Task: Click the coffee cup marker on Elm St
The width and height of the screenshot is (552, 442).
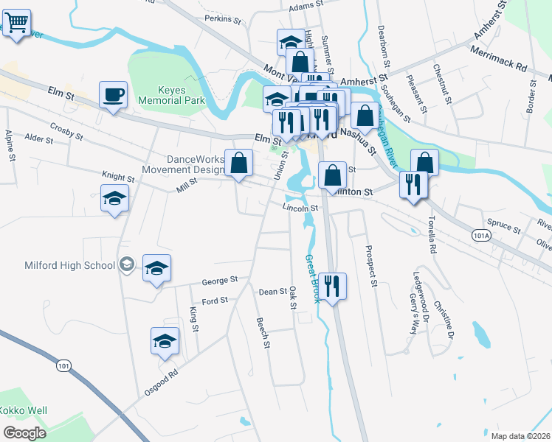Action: pyautogui.click(x=113, y=94)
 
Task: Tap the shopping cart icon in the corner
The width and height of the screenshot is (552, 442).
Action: pyautogui.click(x=16, y=21)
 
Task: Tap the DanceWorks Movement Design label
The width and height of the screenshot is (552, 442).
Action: pyautogui.click(x=183, y=164)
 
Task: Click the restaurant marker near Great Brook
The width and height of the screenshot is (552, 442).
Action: pyautogui.click(x=333, y=285)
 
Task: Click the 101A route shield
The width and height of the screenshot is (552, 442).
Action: pyautogui.click(x=480, y=234)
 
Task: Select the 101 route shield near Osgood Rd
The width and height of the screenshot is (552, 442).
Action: pyautogui.click(x=64, y=365)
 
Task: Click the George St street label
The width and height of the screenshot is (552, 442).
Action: pyautogui.click(x=219, y=281)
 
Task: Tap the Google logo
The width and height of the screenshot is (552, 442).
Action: pyautogui.click(x=25, y=432)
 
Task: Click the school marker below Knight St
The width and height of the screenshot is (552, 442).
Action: pyautogui.click(x=114, y=200)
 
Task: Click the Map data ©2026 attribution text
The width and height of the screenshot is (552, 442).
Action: pyautogui.click(x=520, y=436)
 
